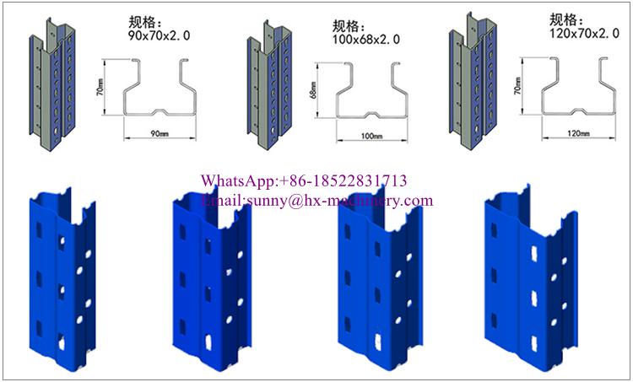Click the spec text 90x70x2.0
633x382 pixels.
click(159, 35)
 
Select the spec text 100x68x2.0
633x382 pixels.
click(366, 39)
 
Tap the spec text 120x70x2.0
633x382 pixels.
click(584, 33)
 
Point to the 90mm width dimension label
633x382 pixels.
click(160, 133)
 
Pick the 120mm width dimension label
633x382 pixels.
click(578, 133)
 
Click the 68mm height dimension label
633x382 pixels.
click(314, 89)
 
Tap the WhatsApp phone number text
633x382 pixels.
click(343, 180)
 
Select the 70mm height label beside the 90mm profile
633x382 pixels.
click(100, 87)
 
